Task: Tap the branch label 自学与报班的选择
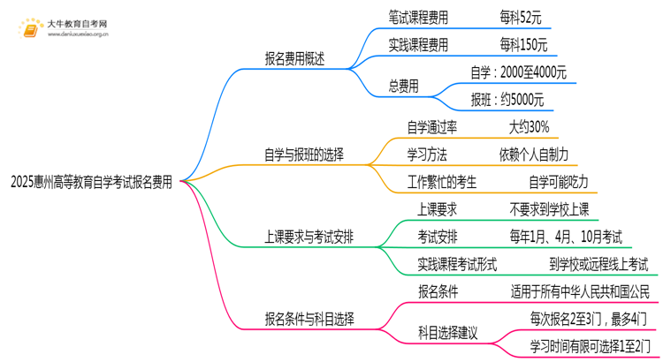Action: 304,154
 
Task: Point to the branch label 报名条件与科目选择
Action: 309,317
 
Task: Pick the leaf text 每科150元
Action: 522,44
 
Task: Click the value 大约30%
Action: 529,126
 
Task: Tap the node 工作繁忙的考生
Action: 441,182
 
